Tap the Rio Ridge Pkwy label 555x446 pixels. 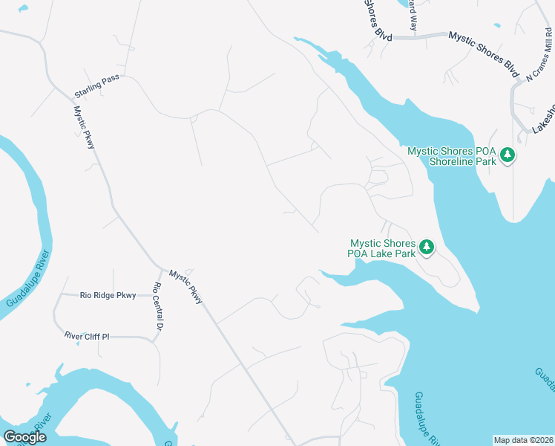point(108,296)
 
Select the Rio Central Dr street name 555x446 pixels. point(157,307)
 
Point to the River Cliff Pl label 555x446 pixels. point(87,337)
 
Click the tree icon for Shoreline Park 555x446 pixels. point(508,155)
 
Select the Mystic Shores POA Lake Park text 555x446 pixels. point(383,248)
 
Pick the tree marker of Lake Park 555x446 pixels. point(427,247)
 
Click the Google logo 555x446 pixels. point(24,437)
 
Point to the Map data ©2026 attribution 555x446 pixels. point(523,440)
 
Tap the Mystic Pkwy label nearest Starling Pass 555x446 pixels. point(84,127)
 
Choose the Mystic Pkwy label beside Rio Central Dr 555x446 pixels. point(185,286)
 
